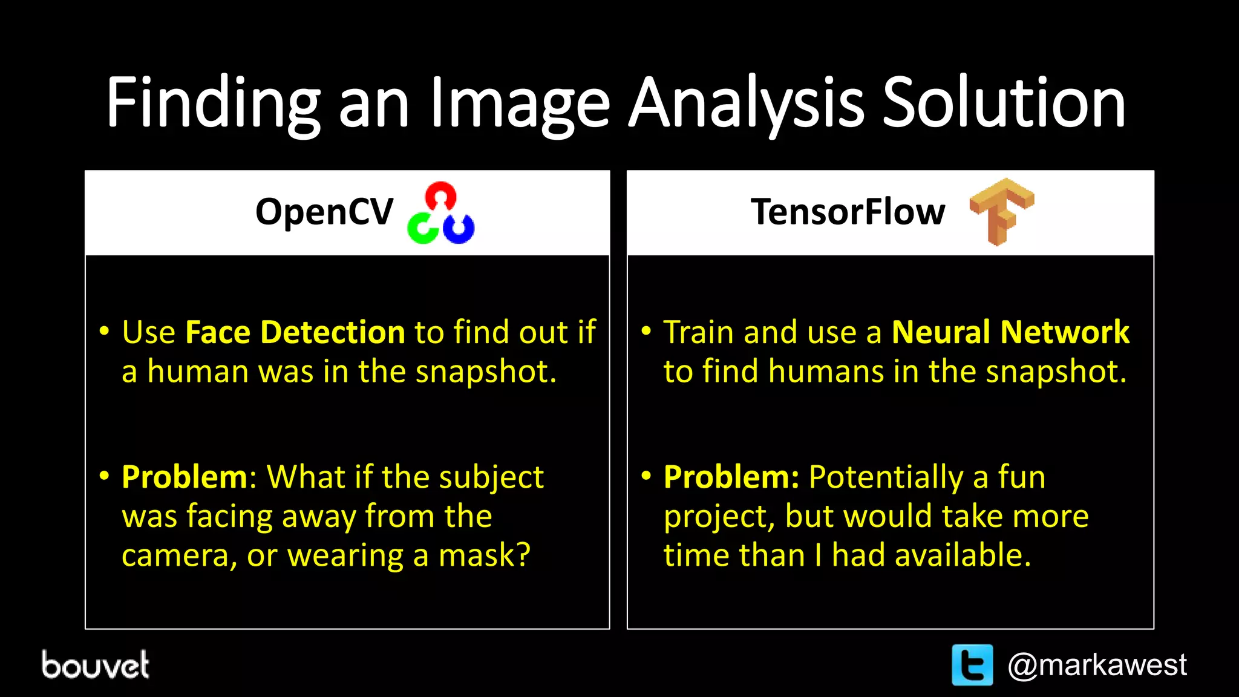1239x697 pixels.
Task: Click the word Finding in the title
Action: [212, 103]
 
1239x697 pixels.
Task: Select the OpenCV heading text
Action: [324, 212]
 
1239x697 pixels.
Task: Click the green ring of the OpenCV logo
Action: [422, 229]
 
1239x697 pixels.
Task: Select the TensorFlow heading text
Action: [848, 212]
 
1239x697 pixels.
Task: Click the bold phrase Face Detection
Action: [295, 332]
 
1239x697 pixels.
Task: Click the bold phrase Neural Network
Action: [1010, 332]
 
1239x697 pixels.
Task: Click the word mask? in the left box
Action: [484, 555]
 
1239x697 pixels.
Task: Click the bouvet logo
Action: [96, 665]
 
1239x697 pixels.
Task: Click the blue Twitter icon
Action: [972, 665]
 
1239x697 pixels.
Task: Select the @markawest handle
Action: [1097, 666]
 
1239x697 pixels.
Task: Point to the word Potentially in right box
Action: [886, 478]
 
